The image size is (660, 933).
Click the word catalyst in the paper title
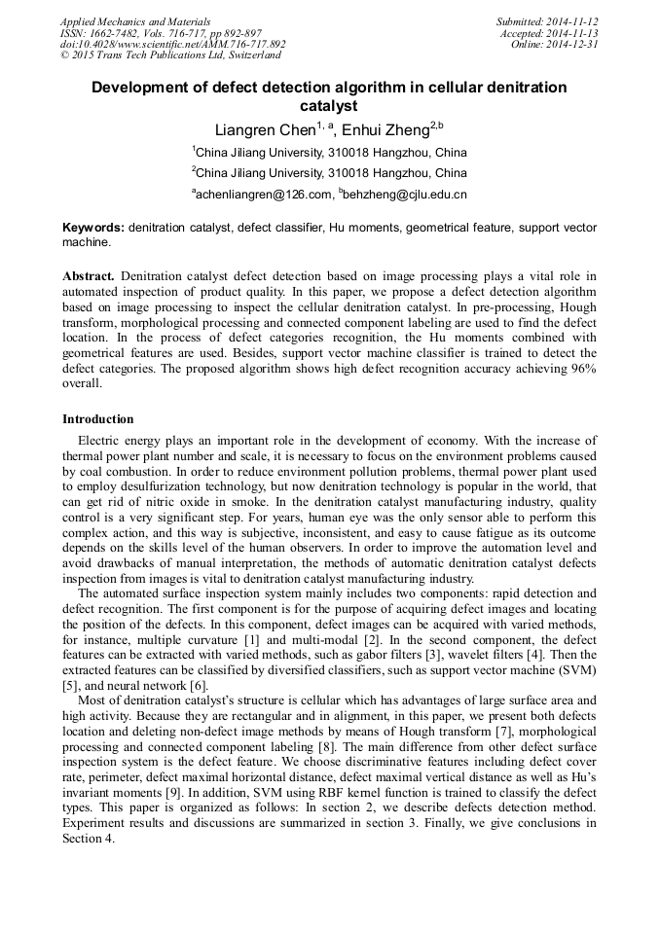(x=329, y=106)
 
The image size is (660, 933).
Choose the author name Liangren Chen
(x=264, y=129)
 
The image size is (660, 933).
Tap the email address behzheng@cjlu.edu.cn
(x=403, y=195)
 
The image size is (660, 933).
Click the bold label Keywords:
(x=93, y=228)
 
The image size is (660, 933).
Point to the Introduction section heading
(x=98, y=419)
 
